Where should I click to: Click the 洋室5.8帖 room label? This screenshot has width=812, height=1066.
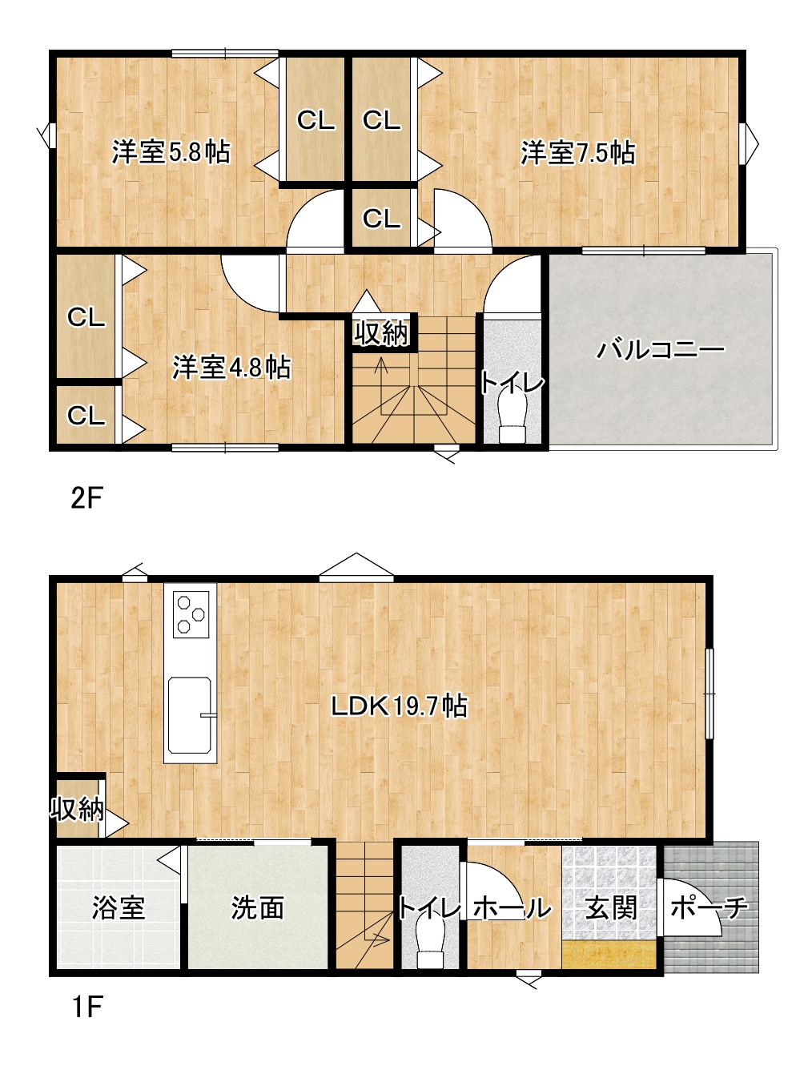(x=171, y=152)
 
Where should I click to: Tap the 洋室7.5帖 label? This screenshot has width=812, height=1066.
(x=578, y=152)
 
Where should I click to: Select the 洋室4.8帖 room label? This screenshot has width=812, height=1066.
(x=231, y=368)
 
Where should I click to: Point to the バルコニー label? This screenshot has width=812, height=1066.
(x=661, y=350)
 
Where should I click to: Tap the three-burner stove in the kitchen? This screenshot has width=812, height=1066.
(x=191, y=613)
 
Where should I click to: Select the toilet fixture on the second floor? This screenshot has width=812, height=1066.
(x=513, y=418)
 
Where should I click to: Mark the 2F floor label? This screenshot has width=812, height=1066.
(x=87, y=498)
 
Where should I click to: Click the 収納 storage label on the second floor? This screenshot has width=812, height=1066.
(x=381, y=333)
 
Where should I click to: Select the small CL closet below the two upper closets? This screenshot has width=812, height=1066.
(x=381, y=218)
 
